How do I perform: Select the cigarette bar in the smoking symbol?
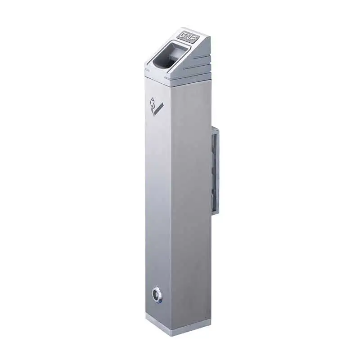158,110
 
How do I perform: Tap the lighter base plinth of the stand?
178,326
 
